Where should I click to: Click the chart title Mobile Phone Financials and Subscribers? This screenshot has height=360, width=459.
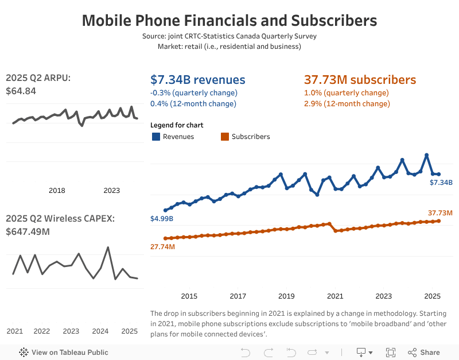[x=229, y=21]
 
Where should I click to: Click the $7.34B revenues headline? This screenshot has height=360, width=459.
[x=197, y=80]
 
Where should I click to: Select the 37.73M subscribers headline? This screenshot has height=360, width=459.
[x=360, y=80]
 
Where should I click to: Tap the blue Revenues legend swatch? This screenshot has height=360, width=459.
[x=155, y=137]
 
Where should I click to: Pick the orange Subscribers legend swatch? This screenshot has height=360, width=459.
[x=224, y=137]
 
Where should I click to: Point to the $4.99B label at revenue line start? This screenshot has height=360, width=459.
[x=161, y=219]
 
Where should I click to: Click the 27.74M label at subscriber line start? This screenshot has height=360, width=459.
[x=162, y=246]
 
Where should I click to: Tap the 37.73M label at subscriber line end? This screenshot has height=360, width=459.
[x=440, y=213]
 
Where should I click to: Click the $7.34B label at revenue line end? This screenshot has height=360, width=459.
[x=441, y=183]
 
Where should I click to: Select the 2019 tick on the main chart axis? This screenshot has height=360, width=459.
[x=286, y=296]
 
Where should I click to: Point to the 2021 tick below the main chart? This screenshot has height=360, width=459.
[x=335, y=296]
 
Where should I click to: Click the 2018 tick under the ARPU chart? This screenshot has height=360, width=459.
[x=57, y=191]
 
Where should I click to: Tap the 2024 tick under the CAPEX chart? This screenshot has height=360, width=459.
[x=100, y=331]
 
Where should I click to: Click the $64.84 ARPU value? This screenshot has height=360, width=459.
[x=21, y=91]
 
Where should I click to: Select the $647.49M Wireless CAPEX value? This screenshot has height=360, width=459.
[x=28, y=231]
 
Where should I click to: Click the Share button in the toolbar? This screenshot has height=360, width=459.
[x=424, y=353]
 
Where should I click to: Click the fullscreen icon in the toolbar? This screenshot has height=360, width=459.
[x=391, y=353]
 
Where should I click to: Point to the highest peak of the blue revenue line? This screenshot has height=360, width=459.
[x=426, y=154]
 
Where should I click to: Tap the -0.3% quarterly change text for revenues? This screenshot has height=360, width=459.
[x=193, y=92]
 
